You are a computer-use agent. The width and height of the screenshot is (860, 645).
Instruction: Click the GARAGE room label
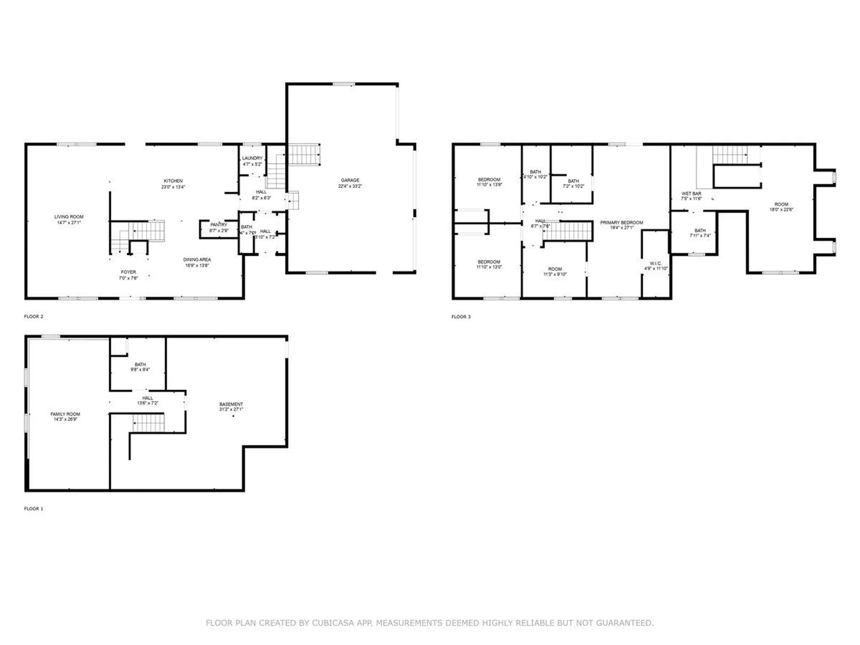coord(350,180)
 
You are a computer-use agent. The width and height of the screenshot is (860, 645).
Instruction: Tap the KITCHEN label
coord(173,181)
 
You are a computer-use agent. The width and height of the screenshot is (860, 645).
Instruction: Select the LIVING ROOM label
coord(69,217)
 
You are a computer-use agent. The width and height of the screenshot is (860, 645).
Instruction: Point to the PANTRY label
coord(219,225)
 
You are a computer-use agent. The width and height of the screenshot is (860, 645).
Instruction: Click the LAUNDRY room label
coord(252,158)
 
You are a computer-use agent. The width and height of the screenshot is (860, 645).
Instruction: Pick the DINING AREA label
coord(197,260)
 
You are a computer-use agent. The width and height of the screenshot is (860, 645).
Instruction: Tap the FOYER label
coord(128,272)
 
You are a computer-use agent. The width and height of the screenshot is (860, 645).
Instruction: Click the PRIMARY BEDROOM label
coord(621,223)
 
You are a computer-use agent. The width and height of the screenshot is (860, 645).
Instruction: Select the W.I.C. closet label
coord(655,263)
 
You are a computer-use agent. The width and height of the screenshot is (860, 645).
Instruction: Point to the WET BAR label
coord(691,193)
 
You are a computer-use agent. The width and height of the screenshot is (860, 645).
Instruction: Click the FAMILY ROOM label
coord(65,414)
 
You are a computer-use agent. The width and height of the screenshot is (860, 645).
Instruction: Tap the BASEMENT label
coord(231,404)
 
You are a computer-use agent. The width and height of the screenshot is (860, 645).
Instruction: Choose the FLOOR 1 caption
coord(34,509)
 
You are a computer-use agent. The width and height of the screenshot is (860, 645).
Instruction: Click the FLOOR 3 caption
coord(461,317)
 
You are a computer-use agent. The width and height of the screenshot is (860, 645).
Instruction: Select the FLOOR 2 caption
coord(34,317)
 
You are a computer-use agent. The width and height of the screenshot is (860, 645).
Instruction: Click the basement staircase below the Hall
coord(148,423)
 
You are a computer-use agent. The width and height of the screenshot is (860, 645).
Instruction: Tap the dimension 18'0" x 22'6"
coord(781,209)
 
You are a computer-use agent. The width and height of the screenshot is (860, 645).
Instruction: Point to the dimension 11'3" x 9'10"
coord(555,274)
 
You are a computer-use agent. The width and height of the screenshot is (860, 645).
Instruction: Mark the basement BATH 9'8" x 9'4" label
coord(140,365)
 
